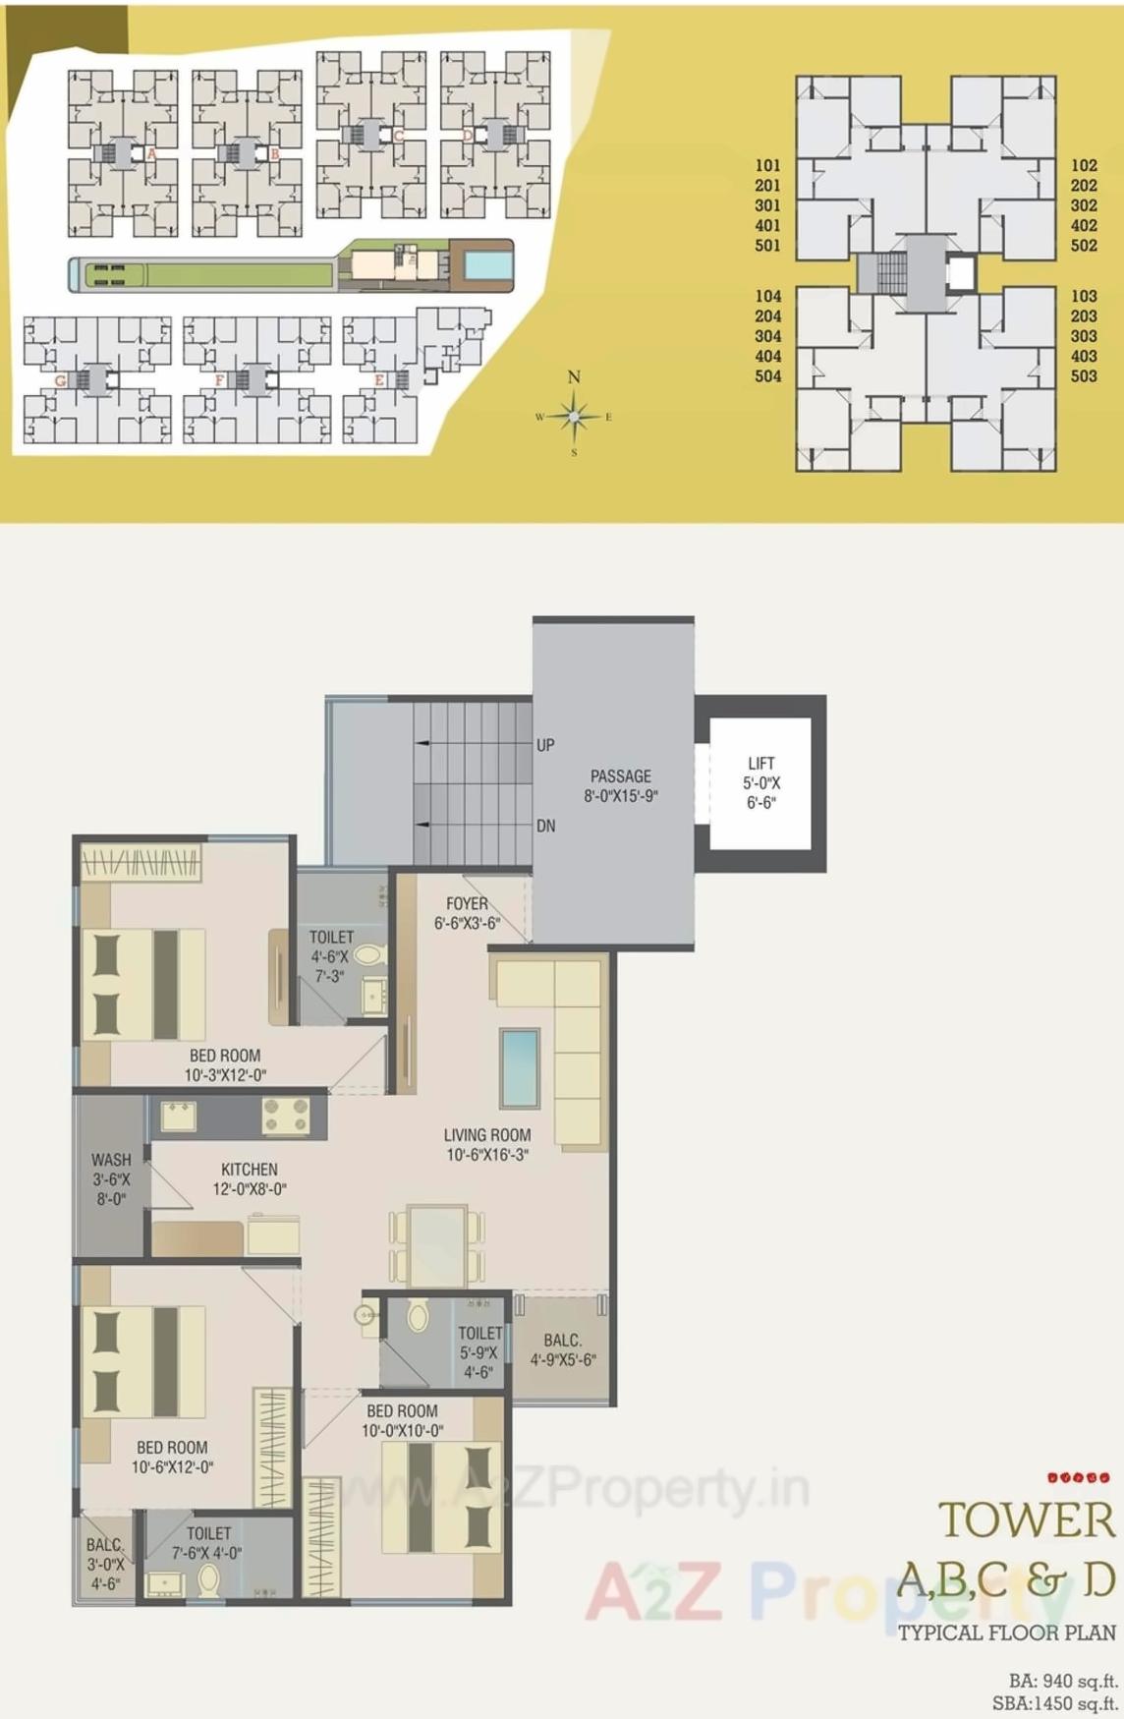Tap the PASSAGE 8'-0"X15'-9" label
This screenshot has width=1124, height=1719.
(x=621, y=786)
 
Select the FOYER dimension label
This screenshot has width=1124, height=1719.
(x=468, y=913)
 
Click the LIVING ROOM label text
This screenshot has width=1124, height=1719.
(x=487, y=1144)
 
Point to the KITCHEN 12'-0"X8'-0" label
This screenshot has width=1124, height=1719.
(x=250, y=1178)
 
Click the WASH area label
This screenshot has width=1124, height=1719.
(x=111, y=1178)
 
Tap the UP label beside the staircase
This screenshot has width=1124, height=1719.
(x=546, y=745)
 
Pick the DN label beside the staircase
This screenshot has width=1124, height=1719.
(x=546, y=826)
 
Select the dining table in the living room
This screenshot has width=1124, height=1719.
(x=437, y=1245)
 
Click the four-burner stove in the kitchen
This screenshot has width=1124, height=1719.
(x=286, y=1117)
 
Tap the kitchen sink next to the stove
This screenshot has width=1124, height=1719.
(x=179, y=1117)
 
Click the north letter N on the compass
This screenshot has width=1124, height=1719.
(x=574, y=376)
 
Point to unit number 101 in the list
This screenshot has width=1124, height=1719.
(x=767, y=165)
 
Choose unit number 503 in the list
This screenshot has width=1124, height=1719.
(x=1084, y=375)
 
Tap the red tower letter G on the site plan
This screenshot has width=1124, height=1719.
(x=61, y=380)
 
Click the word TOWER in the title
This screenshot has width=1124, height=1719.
(x=1027, y=1520)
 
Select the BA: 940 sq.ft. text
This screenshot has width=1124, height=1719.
(x=1063, y=1681)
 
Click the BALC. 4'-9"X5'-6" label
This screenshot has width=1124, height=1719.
(x=563, y=1349)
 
